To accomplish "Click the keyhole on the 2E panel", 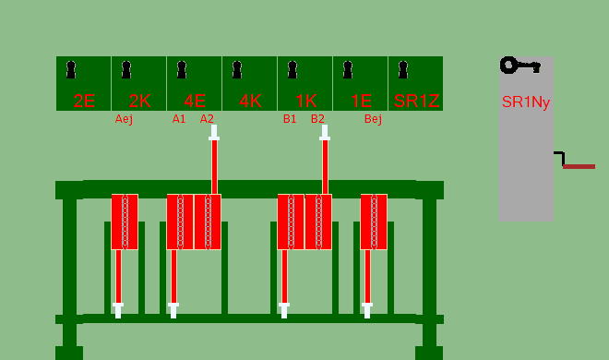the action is (71, 70).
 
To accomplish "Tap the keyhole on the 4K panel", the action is (237, 70).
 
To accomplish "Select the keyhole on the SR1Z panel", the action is (403, 70).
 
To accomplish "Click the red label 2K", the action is (139, 101).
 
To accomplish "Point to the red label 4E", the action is (195, 101).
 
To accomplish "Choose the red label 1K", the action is (306, 101).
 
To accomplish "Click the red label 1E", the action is (361, 101).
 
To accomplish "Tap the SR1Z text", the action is (416, 101).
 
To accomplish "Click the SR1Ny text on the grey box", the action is (526, 102).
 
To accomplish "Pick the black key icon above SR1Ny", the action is (520, 66).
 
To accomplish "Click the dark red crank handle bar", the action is (579, 166).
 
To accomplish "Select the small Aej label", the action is (124, 119).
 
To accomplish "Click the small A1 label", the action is (179, 119).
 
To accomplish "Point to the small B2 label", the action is (317, 119).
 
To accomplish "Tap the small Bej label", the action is (374, 119).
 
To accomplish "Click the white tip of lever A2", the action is (214, 133).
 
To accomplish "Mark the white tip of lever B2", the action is (325, 133).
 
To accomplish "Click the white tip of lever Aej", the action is (118, 310).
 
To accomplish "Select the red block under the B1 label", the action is (291, 222).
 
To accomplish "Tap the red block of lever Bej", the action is (374, 222).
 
